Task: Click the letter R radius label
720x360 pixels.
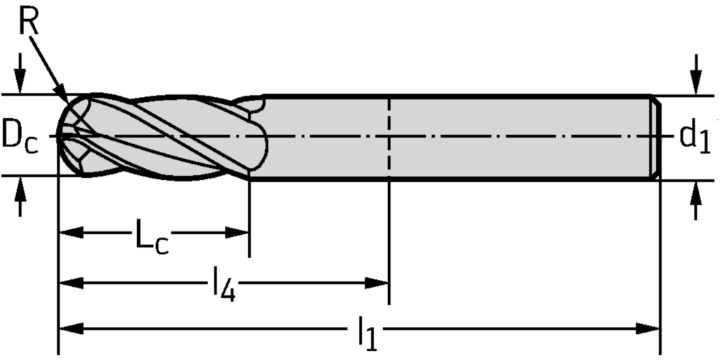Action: pyautogui.click(x=29, y=22)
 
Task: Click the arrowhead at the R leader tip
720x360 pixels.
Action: pyautogui.click(x=64, y=98)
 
